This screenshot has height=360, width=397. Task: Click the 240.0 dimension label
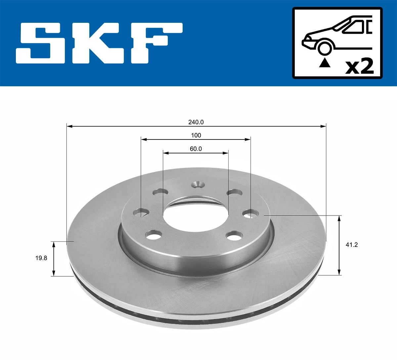click(196, 122)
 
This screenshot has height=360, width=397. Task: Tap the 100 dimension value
click(196, 135)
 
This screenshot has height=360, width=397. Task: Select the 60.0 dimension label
click(196, 149)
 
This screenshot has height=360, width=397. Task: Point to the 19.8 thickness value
click(41, 258)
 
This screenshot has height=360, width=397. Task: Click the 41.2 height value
click(351, 245)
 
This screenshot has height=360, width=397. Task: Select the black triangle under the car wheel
click(325, 62)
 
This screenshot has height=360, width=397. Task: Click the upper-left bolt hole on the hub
click(160, 192)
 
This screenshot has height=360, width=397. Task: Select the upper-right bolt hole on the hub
click(234, 192)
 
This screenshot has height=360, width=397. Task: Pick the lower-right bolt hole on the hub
click(234, 236)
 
